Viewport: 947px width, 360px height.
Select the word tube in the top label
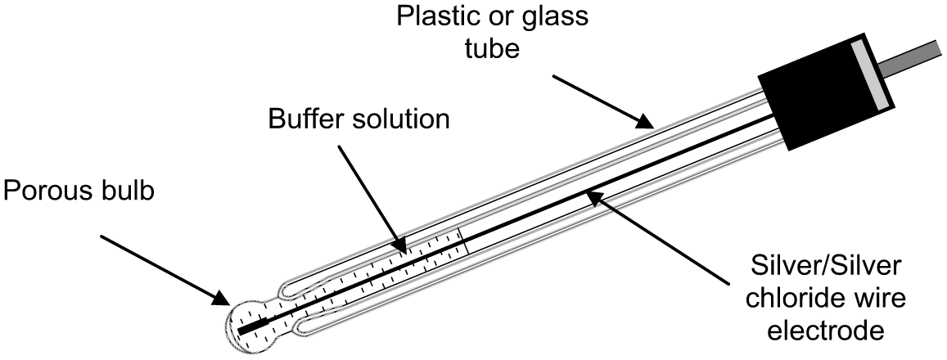[x=492, y=49]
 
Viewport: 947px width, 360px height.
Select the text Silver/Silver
[x=827, y=268]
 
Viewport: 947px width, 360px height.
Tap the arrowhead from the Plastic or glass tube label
[x=644, y=123]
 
